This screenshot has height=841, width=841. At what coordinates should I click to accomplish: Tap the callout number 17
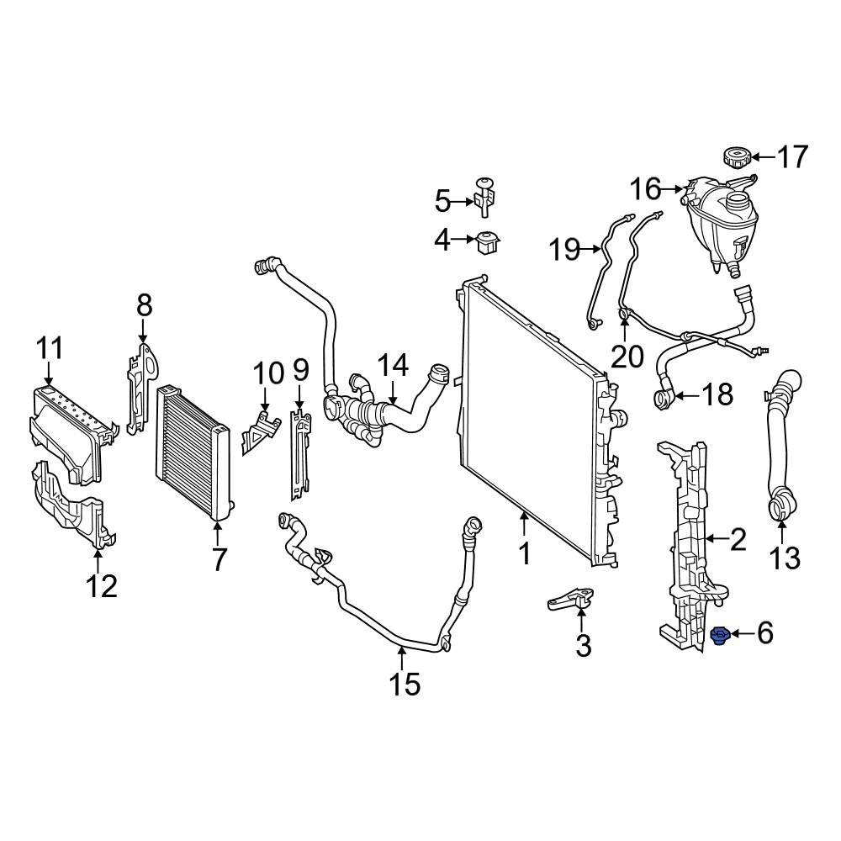[x=791, y=157]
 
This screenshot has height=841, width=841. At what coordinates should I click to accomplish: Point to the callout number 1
[x=524, y=554]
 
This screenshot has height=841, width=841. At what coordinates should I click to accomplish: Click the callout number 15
[x=405, y=684]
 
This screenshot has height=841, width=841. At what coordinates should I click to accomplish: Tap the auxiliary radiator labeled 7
[x=193, y=453]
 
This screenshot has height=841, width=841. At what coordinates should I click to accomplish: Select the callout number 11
[x=50, y=346]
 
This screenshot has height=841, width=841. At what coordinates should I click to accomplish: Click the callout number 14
[x=392, y=365]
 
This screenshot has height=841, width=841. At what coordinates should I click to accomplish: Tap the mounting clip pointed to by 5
[x=484, y=198]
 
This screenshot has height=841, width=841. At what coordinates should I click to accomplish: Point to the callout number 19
[x=565, y=249]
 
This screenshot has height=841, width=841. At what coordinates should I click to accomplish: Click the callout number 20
[x=627, y=357]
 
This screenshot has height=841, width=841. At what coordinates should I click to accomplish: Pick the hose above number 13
[x=779, y=446]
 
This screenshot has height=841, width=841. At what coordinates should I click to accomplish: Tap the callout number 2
[x=738, y=539]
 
